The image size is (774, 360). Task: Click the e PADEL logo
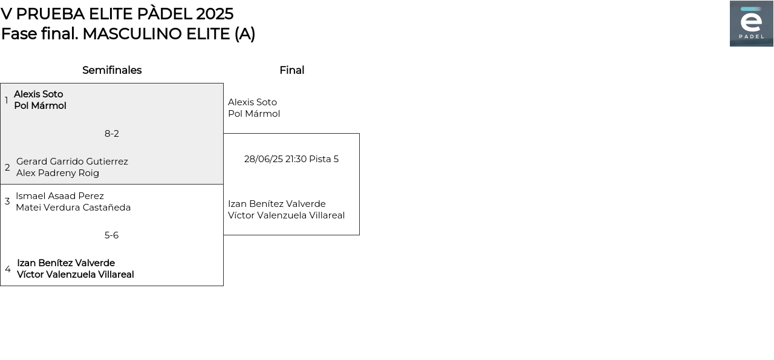(x=751, y=24)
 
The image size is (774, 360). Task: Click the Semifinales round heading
(x=112, y=70)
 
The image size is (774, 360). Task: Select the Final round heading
(x=292, y=70)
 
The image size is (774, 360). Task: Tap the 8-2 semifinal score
(x=112, y=134)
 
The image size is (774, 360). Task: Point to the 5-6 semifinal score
(x=112, y=235)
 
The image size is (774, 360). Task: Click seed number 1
(x=6, y=100)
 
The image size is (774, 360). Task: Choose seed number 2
(x=7, y=168)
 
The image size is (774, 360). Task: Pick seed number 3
(x=7, y=201)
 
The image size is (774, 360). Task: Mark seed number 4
(x=8, y=269)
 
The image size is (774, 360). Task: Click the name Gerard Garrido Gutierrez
(x=72, y=162)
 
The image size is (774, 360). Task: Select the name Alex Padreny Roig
(x=57, y=173)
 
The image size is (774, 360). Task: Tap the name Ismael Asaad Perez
(x=60, y=196)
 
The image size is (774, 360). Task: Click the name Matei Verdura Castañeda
(x=73, y=208)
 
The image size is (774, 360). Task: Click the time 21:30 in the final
(x=296, y=159)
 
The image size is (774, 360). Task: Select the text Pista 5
(x=324, y=159)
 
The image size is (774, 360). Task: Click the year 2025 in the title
(x=215, y=14)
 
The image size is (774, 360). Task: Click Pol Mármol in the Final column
(x=254, y=114)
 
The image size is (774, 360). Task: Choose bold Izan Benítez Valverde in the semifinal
(x=66, y=263)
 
